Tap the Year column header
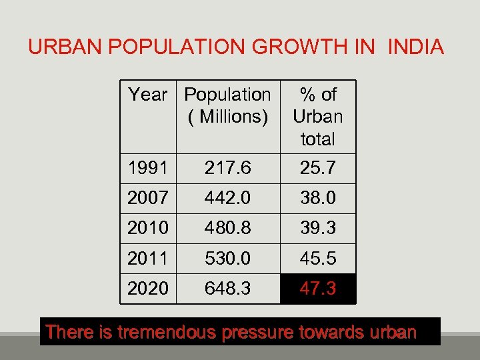(148, 95)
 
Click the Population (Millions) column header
(227, 105)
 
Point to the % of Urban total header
(318, 117)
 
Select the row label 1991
(148, 169)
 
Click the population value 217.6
(227, 169)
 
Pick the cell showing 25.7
(318, 169)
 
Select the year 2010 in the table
(148, 229)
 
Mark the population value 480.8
(227, 229)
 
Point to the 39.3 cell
(318, 229)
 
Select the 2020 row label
(148, 289)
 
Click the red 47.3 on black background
(318, 289)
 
